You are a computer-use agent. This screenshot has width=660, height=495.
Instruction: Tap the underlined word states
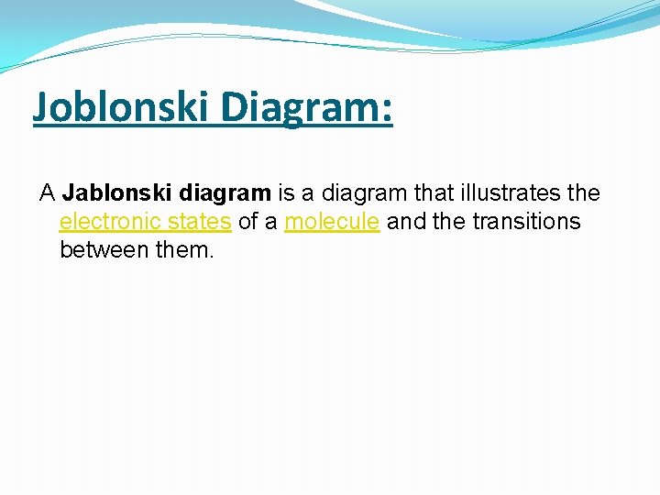tap(202, 222)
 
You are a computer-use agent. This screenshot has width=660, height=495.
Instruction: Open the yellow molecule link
tap(332, 222)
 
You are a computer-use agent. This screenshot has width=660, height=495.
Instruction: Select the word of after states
tap(248, 222)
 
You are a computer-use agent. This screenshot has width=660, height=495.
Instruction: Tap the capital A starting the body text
tap(47, 193)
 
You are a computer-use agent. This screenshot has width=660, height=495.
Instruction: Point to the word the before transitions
tap(450, 222)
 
